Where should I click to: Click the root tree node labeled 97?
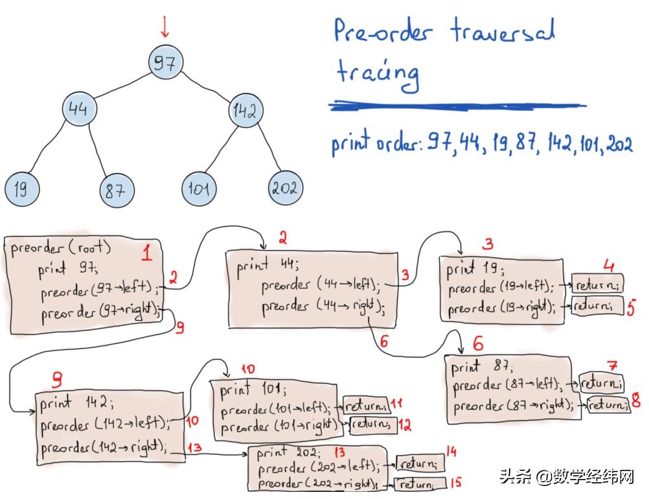(x=164, y=63)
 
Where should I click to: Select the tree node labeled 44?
(x=78, y=109)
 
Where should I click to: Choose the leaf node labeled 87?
(x=117, y=191)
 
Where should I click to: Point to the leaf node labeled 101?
(x=198, y=189)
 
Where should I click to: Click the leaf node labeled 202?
(x=284, y=188)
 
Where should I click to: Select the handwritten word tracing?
(x=378, y=74)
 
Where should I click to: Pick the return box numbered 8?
(x=608, y=405)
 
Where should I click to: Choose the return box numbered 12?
(x=372, y=425)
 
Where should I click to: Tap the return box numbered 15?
(x=422, y=483)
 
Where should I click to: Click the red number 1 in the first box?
(x=146, y=253)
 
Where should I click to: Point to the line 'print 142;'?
(x=76, y=404)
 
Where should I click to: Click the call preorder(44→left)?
(x=321, y=285)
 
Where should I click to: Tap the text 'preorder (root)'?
(x=62, y=249)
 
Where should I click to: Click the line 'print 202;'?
(x=289, y=452)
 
